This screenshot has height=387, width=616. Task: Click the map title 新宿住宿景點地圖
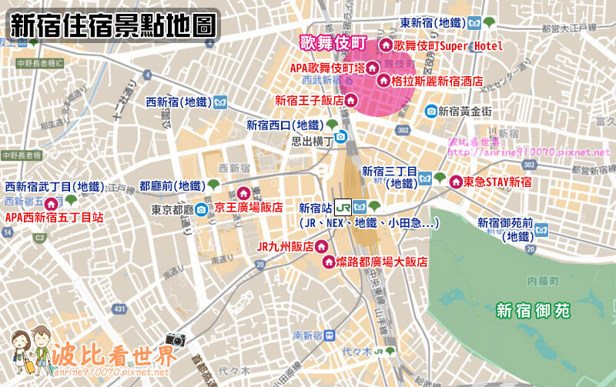coord(112,25)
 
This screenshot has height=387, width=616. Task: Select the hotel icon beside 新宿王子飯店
coord(350,100)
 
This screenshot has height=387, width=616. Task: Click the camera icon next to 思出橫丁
coord(341,137)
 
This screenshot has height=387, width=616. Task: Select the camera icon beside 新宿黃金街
coord(431,111)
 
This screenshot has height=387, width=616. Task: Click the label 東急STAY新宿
coord(497,182)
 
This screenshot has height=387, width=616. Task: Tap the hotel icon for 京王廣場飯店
coord(244,193)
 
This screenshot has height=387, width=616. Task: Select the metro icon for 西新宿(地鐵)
coord(220,102)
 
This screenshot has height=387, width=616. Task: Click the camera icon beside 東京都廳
coord(200,209)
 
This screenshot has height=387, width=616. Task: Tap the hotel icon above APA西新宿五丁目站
coord(51,204)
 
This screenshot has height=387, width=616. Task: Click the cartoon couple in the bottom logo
coord(29,353)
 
